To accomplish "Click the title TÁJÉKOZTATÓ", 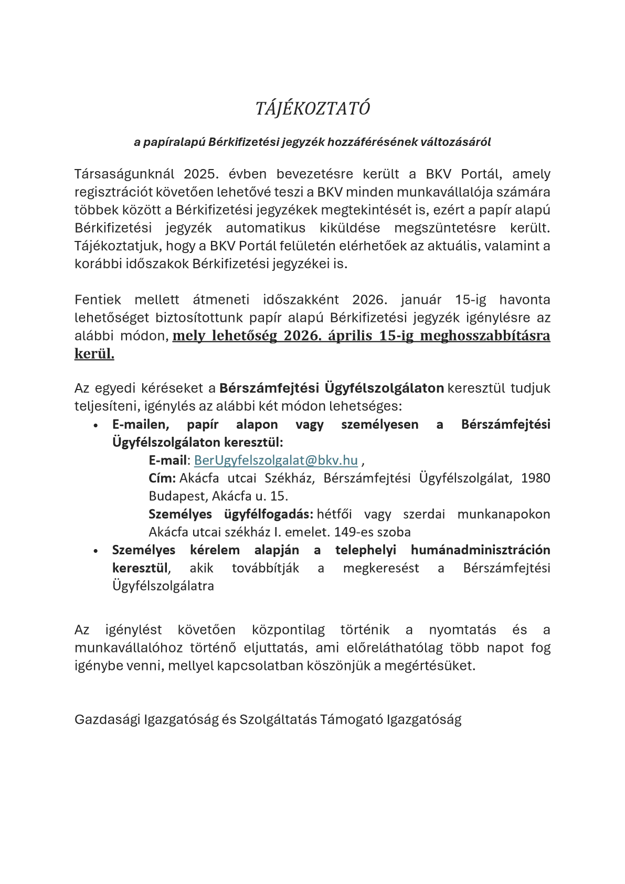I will [312, 109].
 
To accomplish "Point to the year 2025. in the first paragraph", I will [200, 174].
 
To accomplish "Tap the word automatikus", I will [266, 228].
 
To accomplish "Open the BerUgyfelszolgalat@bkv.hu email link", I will [276, 460].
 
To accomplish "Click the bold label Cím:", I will [162, 478].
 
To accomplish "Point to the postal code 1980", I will [535, 478].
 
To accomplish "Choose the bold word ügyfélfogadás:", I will [268, 514].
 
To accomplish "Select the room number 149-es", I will [353, 532].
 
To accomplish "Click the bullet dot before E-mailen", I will [96, 426].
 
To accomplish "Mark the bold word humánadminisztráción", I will [480, 550].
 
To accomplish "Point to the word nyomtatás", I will [462, 630].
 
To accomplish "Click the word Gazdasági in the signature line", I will [107, 719].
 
